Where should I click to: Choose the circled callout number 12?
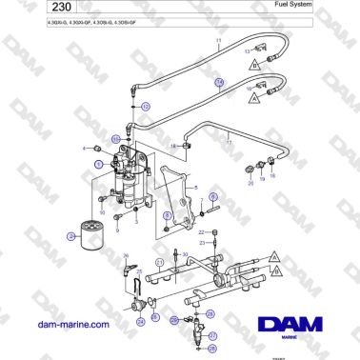point(146,108)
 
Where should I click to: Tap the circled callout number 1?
point(97,163)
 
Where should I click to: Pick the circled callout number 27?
point(212,337)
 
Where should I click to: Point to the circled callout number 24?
point(141,322)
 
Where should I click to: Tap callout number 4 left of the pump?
point(85,149)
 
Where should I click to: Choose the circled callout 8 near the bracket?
point(168,229)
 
